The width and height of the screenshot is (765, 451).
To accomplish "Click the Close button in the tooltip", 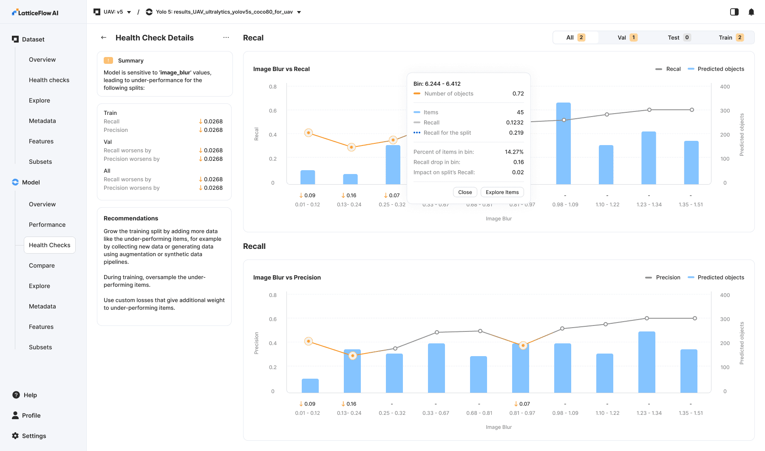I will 465,192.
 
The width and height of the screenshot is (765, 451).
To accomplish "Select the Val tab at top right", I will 627,37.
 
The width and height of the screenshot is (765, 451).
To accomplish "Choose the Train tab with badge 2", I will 731,37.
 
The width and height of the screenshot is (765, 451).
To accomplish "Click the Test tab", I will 678,37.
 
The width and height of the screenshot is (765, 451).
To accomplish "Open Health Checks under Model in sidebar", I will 50,245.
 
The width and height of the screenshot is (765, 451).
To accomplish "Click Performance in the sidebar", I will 47,225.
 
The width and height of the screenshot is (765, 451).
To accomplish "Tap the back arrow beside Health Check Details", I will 104,37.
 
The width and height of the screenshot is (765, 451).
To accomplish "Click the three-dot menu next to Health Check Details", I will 226,37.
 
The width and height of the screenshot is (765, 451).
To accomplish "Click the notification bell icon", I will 751,12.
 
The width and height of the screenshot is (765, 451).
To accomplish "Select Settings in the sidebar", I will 34,436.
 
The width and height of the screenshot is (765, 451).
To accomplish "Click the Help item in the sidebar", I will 30,395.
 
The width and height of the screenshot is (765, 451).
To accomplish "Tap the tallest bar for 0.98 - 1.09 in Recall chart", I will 564,145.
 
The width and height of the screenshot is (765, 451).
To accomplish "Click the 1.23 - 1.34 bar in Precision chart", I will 647,362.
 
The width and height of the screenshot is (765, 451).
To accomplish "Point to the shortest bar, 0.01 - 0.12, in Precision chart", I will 310,385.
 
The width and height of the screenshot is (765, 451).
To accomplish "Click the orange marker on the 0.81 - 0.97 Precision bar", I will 523,345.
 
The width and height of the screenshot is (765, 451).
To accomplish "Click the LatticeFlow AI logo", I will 35,13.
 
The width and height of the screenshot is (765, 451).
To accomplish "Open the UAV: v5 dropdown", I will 113,12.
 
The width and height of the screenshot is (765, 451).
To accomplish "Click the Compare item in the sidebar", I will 42,265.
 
